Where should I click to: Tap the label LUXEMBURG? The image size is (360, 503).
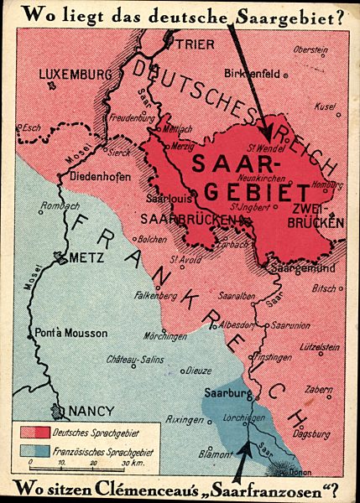[75, 74]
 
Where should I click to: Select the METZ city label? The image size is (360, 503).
[87, 257]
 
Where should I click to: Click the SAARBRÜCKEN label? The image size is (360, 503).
[190, 220]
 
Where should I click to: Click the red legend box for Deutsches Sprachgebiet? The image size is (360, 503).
[35, 432]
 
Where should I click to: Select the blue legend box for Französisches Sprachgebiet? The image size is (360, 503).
[35, 450]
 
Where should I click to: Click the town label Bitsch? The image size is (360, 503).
[324, 288]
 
